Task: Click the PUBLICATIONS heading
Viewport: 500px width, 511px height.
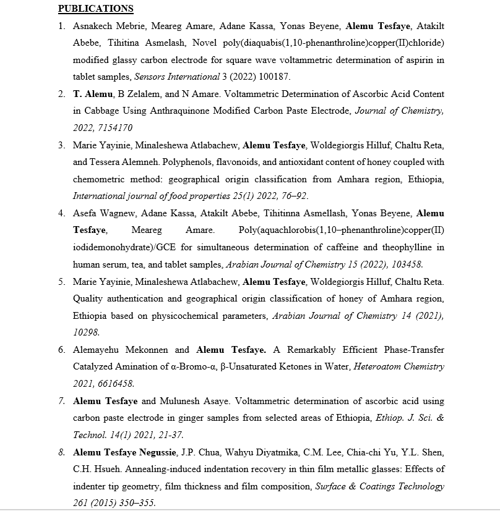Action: pos(96,9)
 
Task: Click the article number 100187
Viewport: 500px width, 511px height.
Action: pos(273,77)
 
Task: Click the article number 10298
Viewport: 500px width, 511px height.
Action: pos(86,332)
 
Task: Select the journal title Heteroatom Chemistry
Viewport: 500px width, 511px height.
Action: pos(399,366)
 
